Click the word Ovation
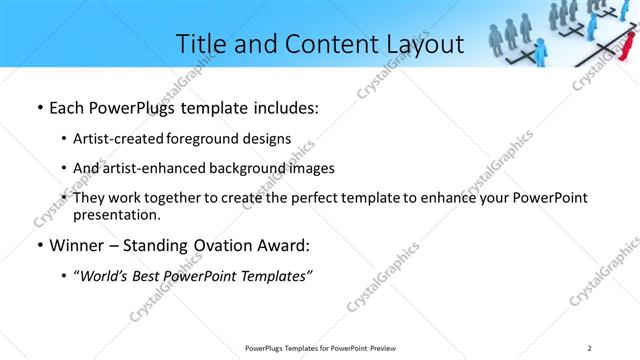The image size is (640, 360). pyautogui.click(x=220, y=245)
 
